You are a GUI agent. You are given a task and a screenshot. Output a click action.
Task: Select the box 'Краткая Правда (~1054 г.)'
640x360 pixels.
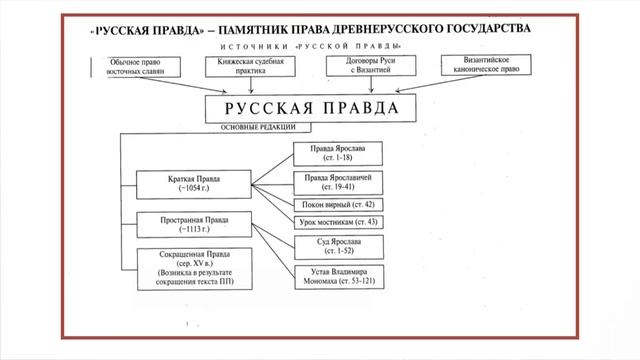pos(191,183)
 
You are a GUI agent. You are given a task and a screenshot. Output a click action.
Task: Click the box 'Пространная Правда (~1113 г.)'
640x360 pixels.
pos(191,224)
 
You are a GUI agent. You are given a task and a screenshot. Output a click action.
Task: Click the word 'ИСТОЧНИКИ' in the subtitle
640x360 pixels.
pos(250,47)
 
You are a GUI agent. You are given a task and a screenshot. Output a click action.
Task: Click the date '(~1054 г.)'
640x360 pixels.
pos(191,189)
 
